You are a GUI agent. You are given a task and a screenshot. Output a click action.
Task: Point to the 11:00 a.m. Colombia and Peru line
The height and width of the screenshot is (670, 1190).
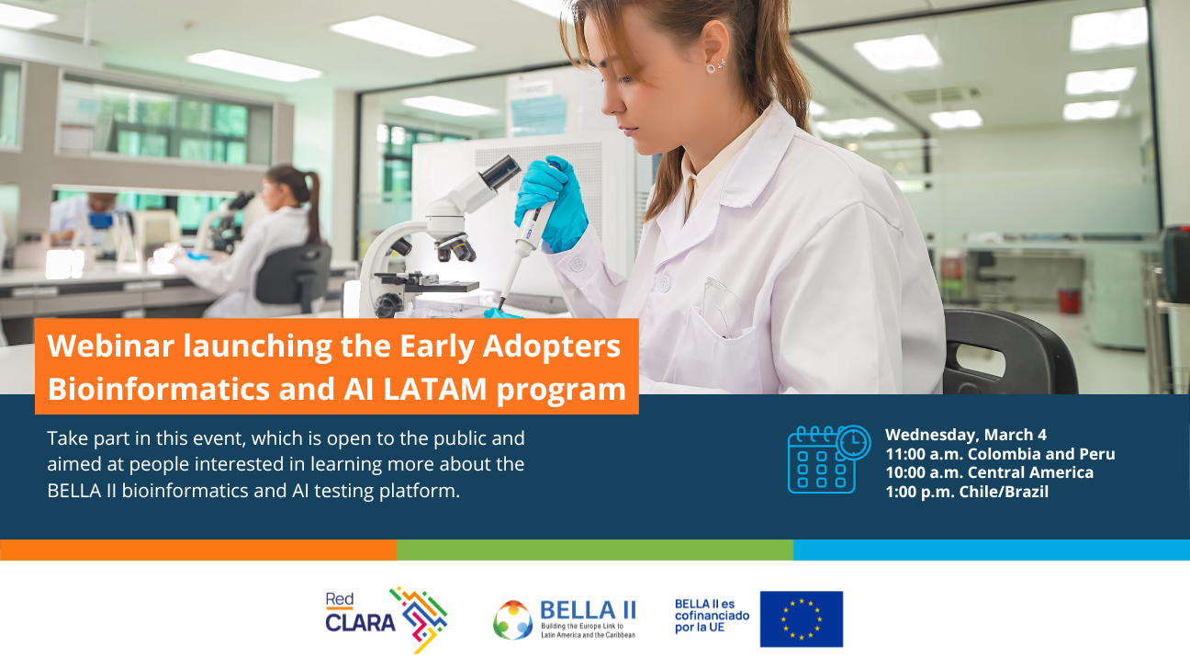tap(999, 454)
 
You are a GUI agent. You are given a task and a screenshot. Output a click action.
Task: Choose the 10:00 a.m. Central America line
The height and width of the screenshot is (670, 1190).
tap(988, 472)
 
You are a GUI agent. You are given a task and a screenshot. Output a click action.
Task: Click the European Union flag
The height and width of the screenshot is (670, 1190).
tap(801, 619)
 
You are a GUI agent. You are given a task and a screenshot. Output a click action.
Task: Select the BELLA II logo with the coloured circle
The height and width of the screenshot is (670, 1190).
tap(564, 619)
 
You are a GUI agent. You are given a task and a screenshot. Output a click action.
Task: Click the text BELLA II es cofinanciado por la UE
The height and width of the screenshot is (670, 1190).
tap(712, 615)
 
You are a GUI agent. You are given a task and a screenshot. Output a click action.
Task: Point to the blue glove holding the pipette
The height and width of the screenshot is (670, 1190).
tap(551, 198)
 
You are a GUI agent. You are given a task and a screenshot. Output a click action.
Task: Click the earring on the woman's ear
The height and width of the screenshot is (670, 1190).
tap(712, 66)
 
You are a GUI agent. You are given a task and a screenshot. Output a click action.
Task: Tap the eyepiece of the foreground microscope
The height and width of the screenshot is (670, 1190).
tap(500, 171)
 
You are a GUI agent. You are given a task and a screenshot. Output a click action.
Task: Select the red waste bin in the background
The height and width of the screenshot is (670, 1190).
tap(1069, 301)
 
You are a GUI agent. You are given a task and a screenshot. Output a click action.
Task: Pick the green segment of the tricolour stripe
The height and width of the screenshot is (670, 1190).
tap(594, 550)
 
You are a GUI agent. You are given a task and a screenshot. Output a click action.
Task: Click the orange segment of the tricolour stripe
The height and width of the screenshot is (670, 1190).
tap(197, 550)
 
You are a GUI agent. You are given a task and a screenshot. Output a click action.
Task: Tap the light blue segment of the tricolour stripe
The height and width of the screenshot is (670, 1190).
tap(991, 550)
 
